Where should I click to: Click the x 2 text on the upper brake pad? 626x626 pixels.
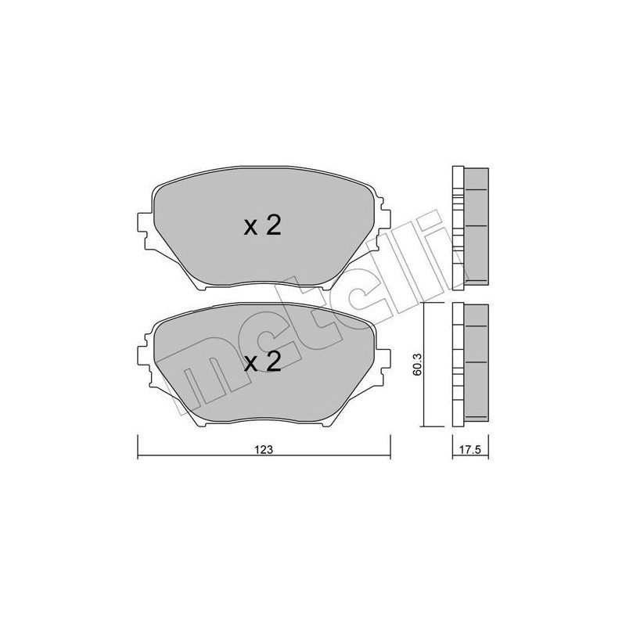pyautogui.click(x=261, y=226)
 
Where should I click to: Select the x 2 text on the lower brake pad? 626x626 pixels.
pyautogui.click(x=261, y=362)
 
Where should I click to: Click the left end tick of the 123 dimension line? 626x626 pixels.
pyautogui.click(x=139, y=446)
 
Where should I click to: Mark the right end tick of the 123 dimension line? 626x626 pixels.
pyautogui.click(x=390, y=446)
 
